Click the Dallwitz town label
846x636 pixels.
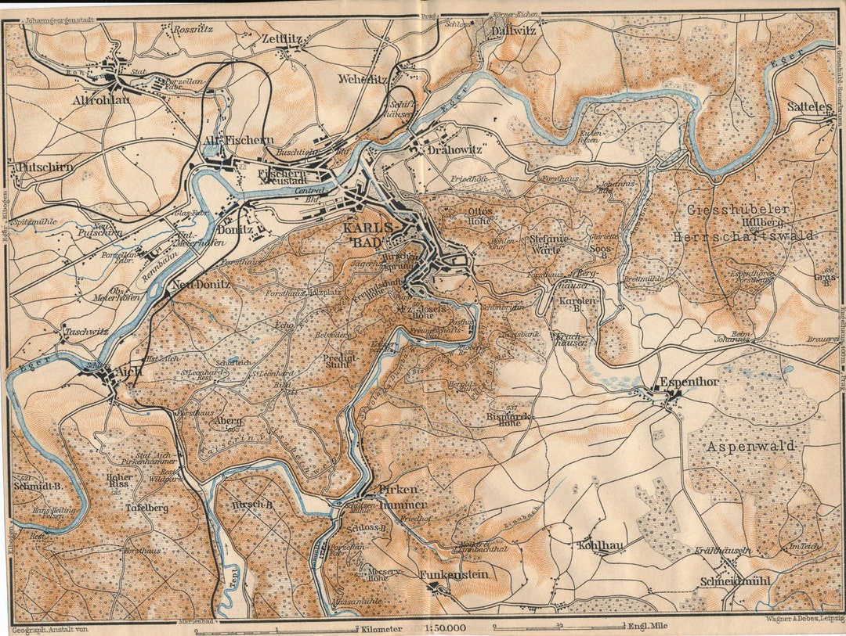(514, 31)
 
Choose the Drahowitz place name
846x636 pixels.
(453, 149)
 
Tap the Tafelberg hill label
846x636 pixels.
(146, 508)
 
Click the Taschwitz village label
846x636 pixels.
(86, 331)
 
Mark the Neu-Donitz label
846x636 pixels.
(202, 285)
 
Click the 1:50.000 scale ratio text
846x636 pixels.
(444, 627)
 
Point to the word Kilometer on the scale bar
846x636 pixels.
(382, 627)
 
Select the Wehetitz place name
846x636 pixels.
(363, 79)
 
